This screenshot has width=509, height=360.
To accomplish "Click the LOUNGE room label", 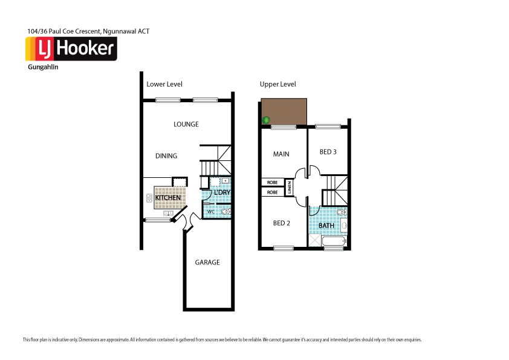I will pos(186,124).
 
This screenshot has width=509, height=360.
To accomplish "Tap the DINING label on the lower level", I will pos(166,155).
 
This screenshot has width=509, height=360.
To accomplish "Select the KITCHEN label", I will pos(167,198).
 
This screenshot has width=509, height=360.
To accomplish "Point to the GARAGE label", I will pos(207,263).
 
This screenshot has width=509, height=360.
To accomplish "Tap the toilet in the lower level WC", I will pos(225,211).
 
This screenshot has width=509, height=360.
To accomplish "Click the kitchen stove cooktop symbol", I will pos(149,197).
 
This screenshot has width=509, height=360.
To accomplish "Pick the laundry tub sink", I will pos(225,180).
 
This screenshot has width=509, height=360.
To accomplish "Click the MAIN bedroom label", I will pos(281,154).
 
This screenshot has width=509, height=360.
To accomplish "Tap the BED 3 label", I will pos(328,152).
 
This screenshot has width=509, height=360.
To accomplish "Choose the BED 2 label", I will pos(282,223).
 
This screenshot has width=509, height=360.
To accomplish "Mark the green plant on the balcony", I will pos(265,120).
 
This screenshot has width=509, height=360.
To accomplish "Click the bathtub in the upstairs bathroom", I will pos(334,242).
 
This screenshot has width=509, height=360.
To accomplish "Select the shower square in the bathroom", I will pos(315,241).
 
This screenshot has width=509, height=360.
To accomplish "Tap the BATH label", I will pos(326,226).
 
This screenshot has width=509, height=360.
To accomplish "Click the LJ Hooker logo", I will pos(71,49).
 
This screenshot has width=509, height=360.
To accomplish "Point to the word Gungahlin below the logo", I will pos(43,67).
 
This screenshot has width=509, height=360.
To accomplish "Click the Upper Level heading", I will pos(277,85).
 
